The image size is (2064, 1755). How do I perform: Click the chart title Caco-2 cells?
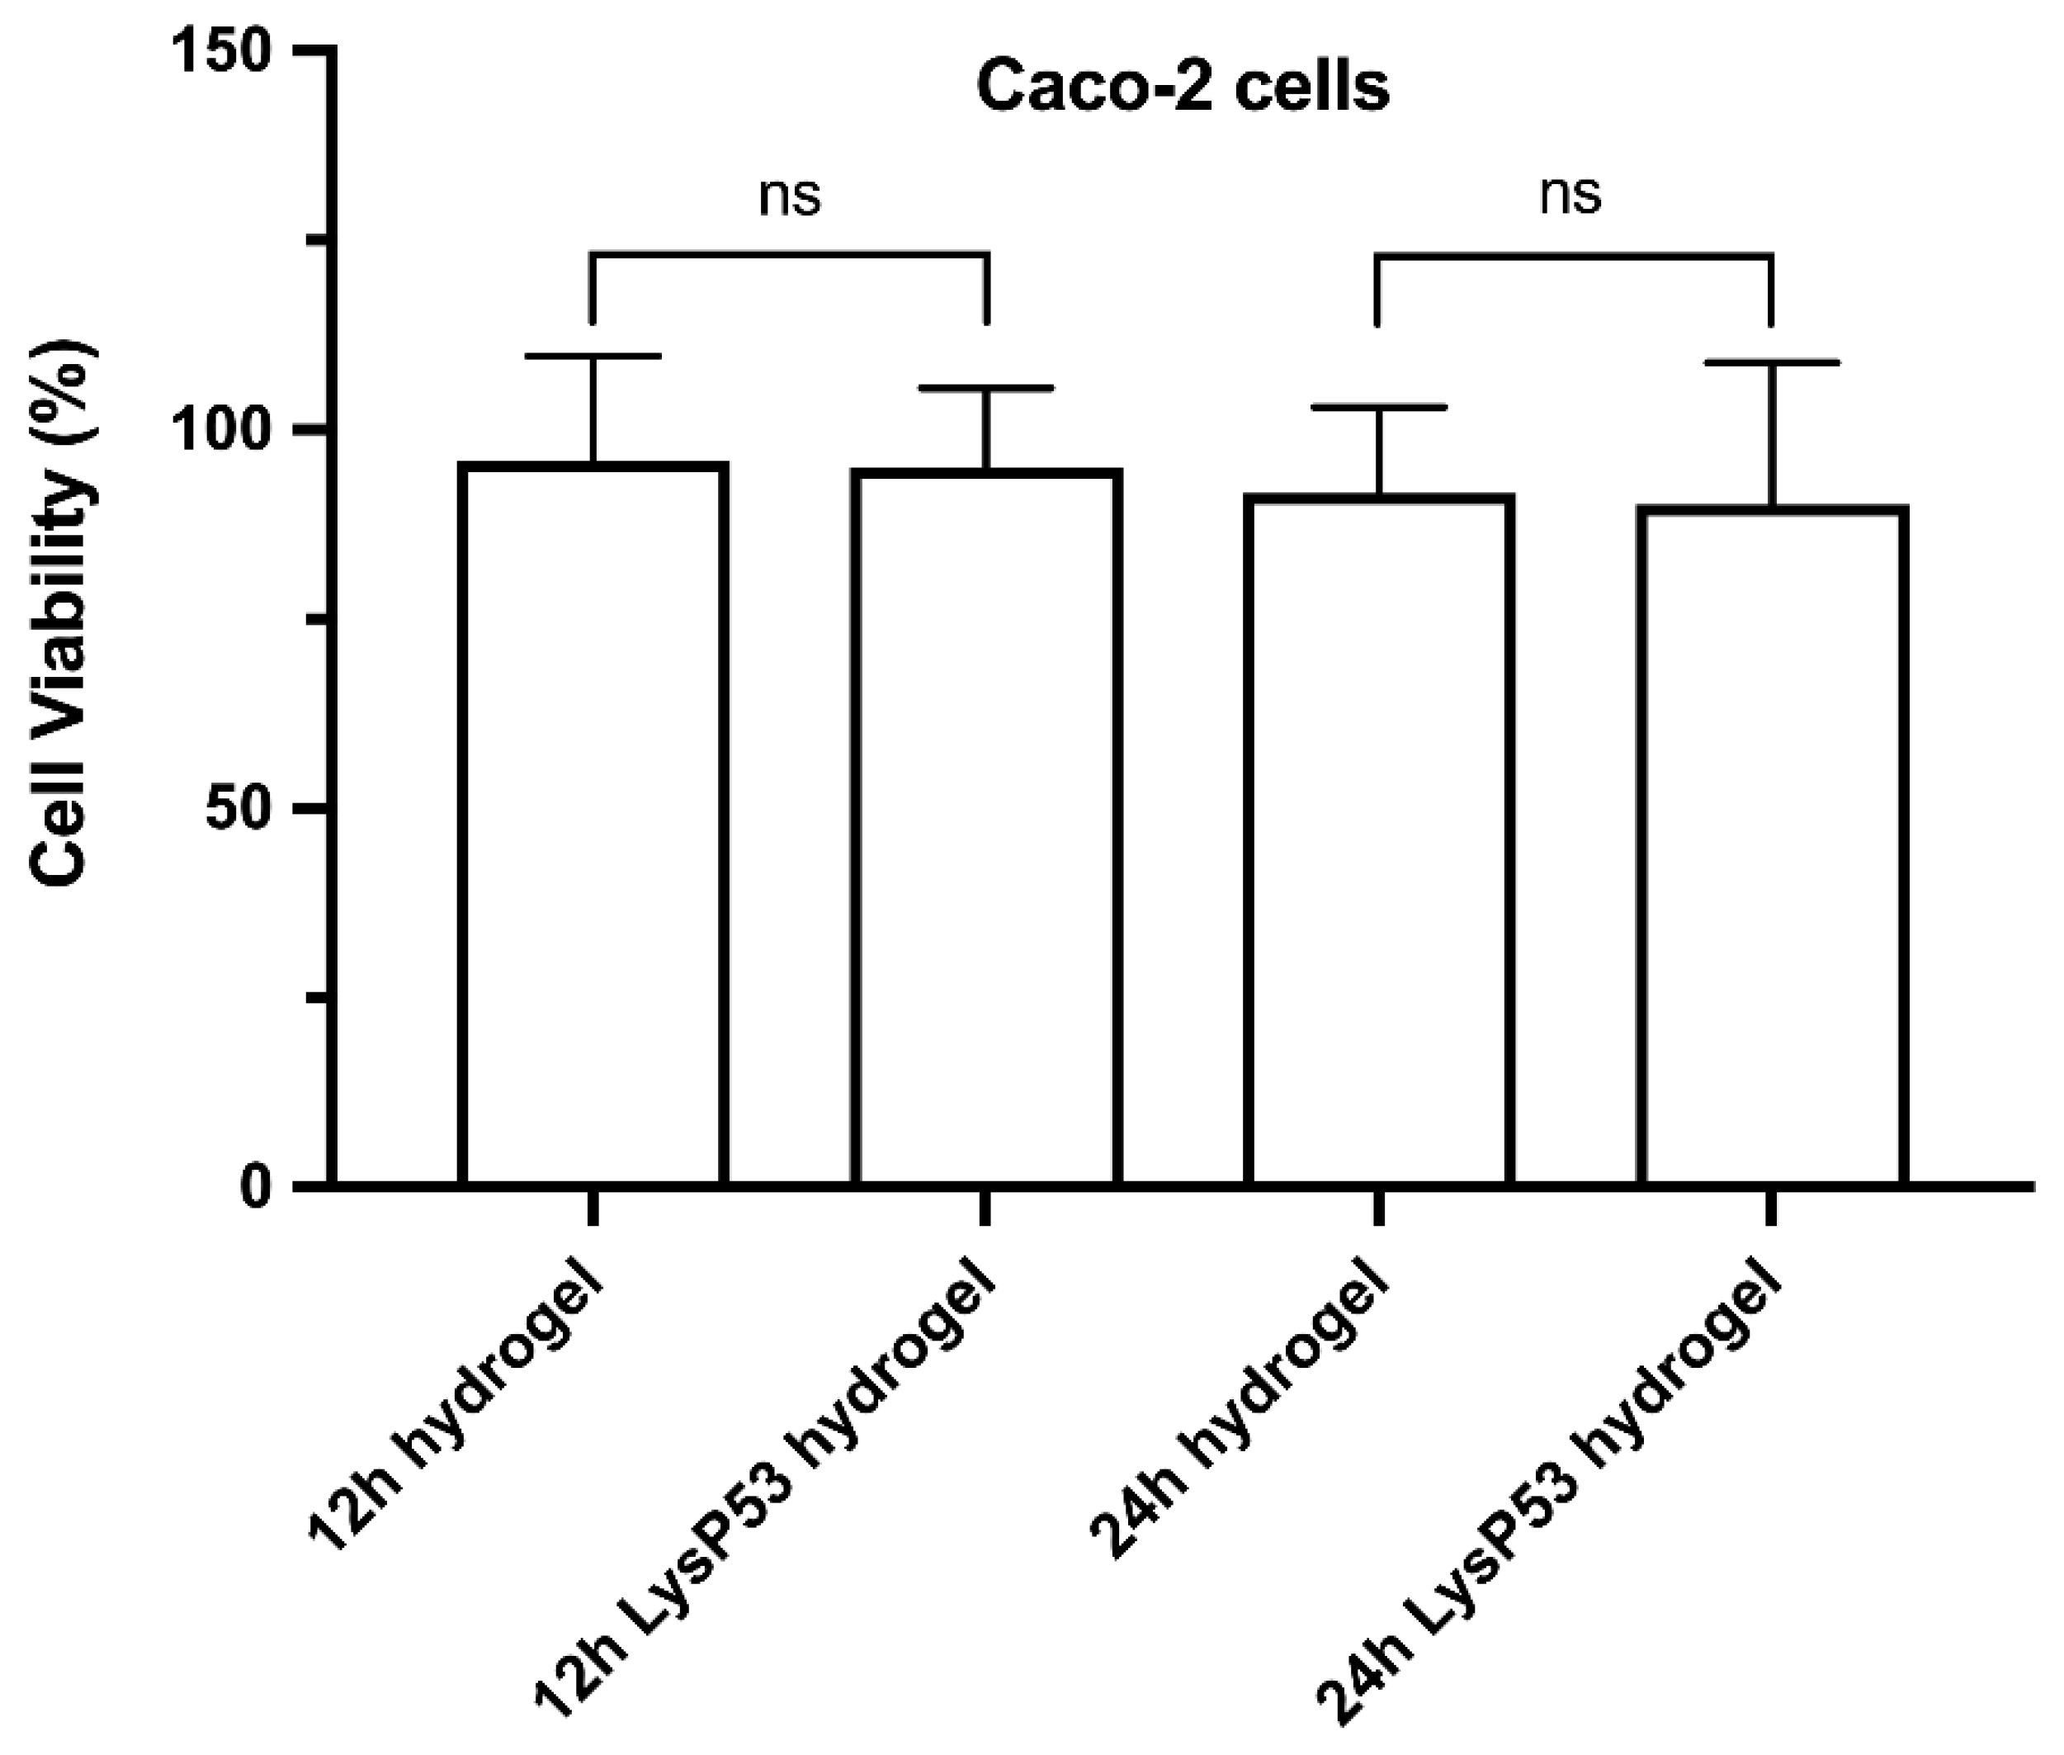pyautogui.click(x=1182, y=88)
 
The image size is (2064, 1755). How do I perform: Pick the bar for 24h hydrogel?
pyautogui.click(x=1379, y=840)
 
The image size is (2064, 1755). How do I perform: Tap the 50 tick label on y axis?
pyautogui.click(x=239, y=809)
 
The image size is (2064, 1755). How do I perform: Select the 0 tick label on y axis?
pyautogui.click(x=256, y=1187)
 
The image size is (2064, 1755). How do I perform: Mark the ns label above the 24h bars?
pyautogui.click(x=1570, y=194)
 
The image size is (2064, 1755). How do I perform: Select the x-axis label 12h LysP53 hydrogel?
pyautogui.click(x=766, y=1502)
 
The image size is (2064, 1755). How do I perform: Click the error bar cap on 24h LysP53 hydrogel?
pyautogui.click(x=1772, y=363)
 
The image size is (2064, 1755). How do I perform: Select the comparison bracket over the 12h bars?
pyautogui.click(x=790, y=255)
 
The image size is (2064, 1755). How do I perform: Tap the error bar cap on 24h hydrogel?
pyautogui.click(x=1379, y=407)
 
